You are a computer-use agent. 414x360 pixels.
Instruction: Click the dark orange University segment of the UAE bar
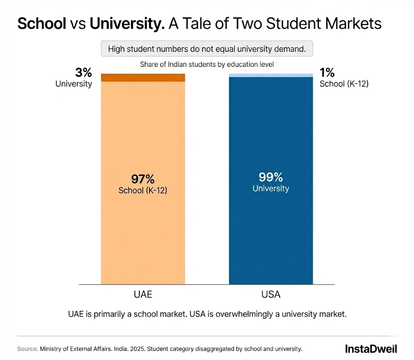pyautogui.click(x=143, y=78)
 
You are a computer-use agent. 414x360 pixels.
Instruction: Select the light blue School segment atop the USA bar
pyautogui.click(x=271, y=75)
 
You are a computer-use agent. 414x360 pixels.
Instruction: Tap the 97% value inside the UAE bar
pyautogui.click(x=143, y=179)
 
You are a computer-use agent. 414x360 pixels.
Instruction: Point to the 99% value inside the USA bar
pyautogui.click(x=271, y=177)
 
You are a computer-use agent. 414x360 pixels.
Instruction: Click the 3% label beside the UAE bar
pyautogui.click(x=83, y=73)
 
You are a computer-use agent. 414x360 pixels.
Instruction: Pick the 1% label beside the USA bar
pyautogui.click(x=327, y=73)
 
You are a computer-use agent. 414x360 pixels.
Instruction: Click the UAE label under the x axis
pyautogui.click(x=143, y=294)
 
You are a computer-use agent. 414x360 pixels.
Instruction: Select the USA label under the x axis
pyautogui.click(x=271, y=294)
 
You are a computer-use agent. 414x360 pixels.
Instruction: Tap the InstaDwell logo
pyautogui.click(x=371, y=349)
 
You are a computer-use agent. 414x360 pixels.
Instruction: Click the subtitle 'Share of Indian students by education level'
pyautogui.click(x=207, y=64)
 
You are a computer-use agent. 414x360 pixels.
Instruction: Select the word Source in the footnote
pyautogui.click(x=26, y=349)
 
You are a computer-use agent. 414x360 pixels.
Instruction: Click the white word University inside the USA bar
pyautogui.click(x=271, y=188)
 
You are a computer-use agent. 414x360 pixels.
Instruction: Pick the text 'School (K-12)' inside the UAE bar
pyautogui.click(x=143, y=190)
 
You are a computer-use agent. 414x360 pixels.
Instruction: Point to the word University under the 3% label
pyautogui.click(x=74, y=84)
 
